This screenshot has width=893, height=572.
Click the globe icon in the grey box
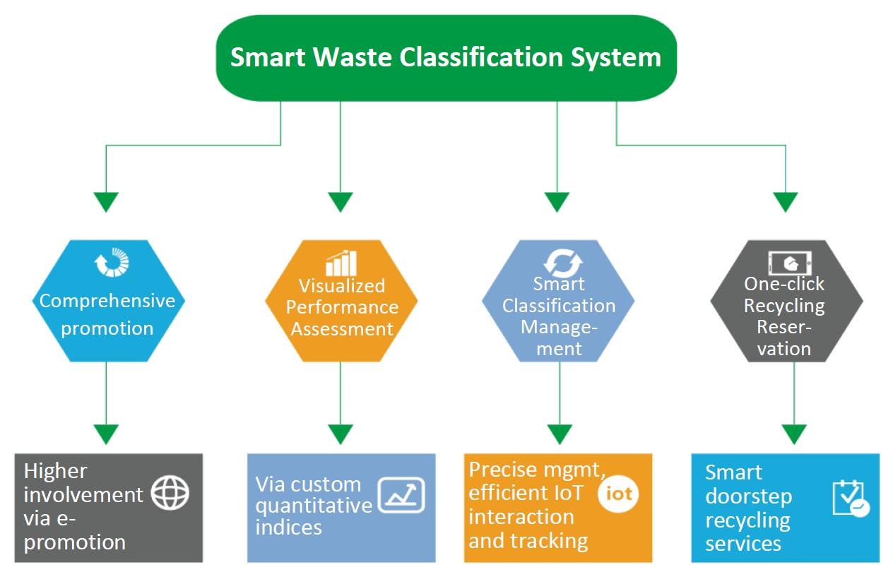(x=171, y=494)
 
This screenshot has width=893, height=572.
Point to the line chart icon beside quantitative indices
(x=401, y=495)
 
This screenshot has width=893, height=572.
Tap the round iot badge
(x=618, y=494)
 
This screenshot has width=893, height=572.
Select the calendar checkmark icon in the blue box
(x=850, y=499)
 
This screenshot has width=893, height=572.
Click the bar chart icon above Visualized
(x=341, y=263)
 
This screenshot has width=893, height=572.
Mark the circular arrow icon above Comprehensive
(x=112, y=262)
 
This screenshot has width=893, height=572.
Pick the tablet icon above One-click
(x=789, y=263)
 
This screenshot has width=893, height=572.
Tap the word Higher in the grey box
(x=56, y=471)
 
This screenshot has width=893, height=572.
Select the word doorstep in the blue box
(x=748, y=496)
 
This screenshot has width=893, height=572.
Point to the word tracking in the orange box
(x=548, y=540)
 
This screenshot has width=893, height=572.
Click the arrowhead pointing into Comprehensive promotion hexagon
(x=106, y=202)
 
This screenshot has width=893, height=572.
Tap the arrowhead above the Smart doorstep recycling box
(x=794, y=434)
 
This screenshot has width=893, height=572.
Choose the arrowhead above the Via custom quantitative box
(x=341, y=434)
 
